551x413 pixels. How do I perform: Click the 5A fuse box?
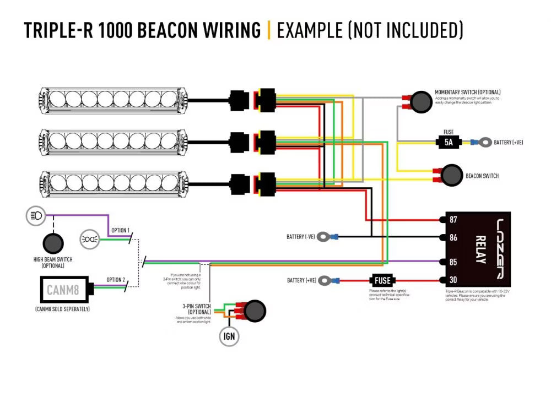(449, 143)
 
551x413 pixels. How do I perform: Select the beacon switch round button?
(452, 175)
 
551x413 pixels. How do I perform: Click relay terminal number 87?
(453, 220)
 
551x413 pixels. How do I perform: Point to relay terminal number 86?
(453, 238)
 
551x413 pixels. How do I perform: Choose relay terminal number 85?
(453, 262)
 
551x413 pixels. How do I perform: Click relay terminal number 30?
(453, 280)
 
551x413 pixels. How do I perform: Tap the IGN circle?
(229, 336)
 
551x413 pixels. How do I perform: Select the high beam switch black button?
(53, 243)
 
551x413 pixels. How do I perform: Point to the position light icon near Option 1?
(89, 238)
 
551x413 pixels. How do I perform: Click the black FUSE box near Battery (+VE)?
(382, 280)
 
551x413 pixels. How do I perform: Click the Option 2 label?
(116, 280)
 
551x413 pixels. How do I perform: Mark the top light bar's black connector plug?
(240, 101)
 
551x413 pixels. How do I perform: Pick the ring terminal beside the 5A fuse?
(485, 142)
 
